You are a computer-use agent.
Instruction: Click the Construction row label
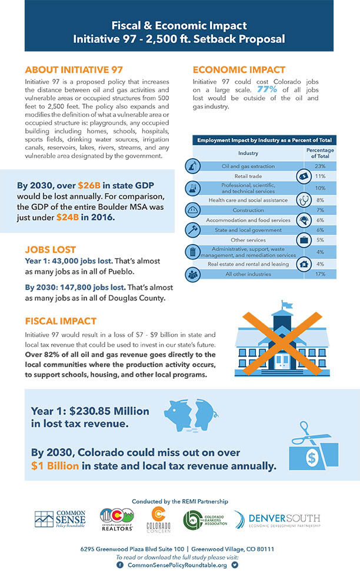coord(248,210)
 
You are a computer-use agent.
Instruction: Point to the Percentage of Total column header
coord(320,153)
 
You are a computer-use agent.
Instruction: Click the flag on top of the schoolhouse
coord(286,305)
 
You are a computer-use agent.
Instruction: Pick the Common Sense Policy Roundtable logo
coord(59,520)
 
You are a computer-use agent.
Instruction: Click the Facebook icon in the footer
coord(120,565)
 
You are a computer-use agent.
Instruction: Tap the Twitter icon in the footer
coord(235,565)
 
